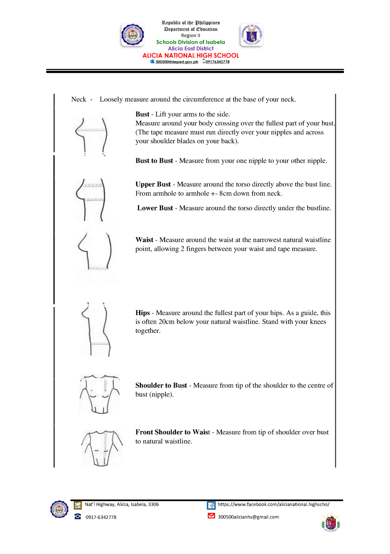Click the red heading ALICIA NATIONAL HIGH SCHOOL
tap(191, 55)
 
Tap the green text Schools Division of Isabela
tap(190, 42)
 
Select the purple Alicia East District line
tap(190, 49)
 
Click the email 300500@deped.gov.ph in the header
tap(176, 62)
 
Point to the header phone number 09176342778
tap(217, 62)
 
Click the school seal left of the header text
tap(132, 35)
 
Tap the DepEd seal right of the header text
tap(251, 35)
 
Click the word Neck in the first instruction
tap(79, 99)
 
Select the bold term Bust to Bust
tap(154, 161)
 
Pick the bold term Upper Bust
tap(153, 184)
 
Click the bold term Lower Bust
tap(155, 208)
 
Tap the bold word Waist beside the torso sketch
tap(144, 240)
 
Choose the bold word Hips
tap(143, 313)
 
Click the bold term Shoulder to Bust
tap(161, 385)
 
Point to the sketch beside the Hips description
tap(96, 329)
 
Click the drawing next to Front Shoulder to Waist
tap(102, 448)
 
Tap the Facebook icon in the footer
tap(211, 505)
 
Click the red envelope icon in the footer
tap(211, 516)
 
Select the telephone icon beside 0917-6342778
tap(78, 516)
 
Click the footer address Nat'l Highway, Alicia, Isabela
tap(122, 504)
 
